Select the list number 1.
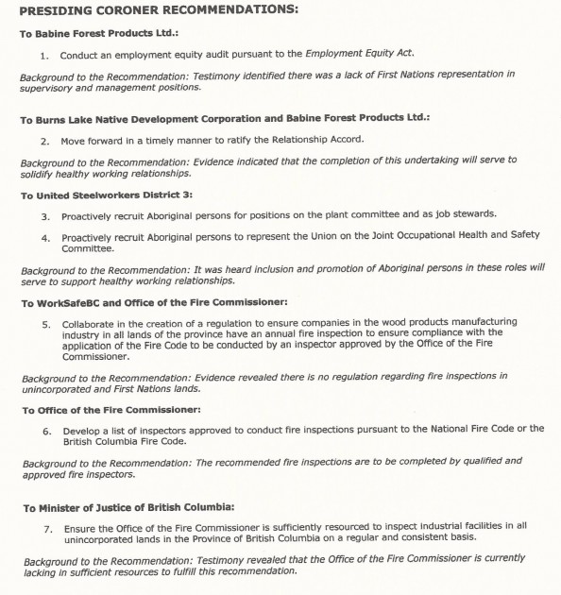[45, 54]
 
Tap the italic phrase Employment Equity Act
[362, 54]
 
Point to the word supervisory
[49, 87]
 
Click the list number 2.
[45, 140]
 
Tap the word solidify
[42, 173]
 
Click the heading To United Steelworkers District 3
[106, 195]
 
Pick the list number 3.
[45, 215]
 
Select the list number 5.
[45, 323]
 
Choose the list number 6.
[45, 430]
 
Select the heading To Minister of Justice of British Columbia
[140, 507]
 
